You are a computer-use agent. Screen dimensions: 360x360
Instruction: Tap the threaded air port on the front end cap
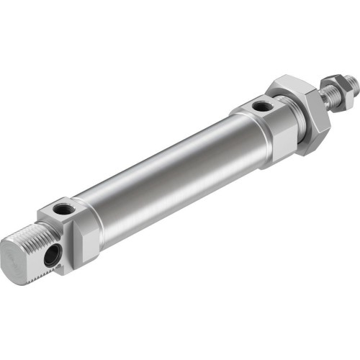(261, 107)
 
